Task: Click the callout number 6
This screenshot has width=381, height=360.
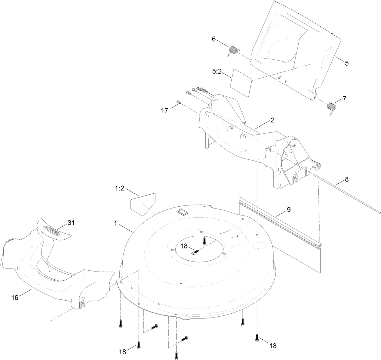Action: tap(214, 39)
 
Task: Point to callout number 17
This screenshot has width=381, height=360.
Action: tap(164, 111)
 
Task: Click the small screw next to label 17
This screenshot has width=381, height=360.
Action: tap(178, 102)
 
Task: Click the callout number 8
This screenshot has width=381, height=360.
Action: tap(346, 179)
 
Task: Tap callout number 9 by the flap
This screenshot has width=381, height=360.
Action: tap(289, 209)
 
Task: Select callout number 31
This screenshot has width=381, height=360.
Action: tap(71, 223)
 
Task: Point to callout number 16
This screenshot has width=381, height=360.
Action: tap(15, 297)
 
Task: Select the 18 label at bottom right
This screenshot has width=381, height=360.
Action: tap(273, 345)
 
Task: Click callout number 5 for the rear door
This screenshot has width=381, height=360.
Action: tap(347, 63)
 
